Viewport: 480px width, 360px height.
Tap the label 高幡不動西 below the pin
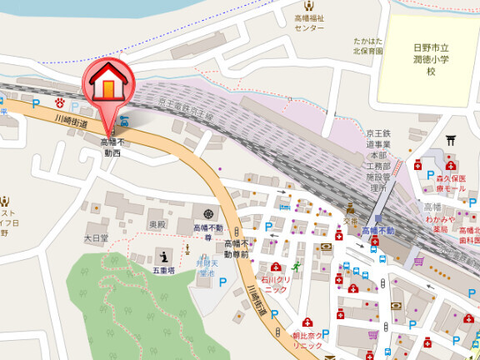click(x=111, y=148)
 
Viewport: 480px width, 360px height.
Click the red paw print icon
click(x=60, y=102)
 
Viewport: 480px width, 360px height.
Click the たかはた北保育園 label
click(x=367, y=45)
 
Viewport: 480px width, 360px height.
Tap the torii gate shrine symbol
click(x=451, y=141)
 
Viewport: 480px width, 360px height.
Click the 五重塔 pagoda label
click(x=163, y=271)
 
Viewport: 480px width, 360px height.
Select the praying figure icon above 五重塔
click(x=163, y=256)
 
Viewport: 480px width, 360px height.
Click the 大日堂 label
click(x=97, y=238)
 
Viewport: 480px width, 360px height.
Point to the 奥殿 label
click(x=158, y=225)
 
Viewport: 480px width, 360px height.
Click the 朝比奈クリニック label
click(x=306, y=341)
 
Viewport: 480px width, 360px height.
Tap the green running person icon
click(x=287, y=242)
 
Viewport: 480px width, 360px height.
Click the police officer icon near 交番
click(x=351, y=209)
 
